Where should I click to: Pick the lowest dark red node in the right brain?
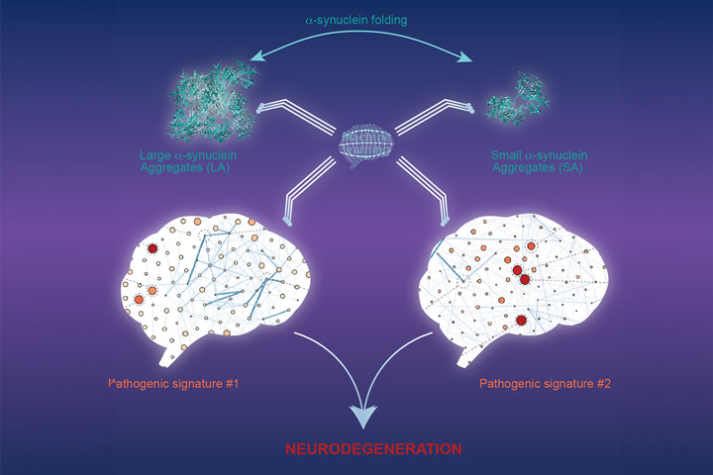(x=522, y=321)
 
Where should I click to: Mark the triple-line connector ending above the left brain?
(x=286, y=224)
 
